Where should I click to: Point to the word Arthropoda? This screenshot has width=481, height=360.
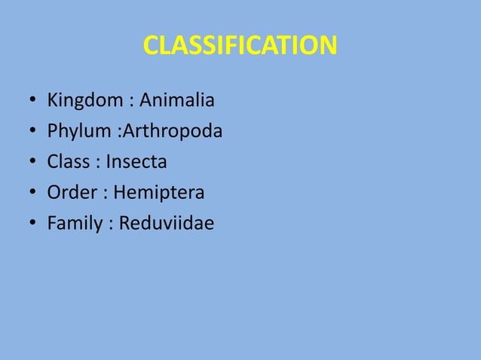coord(173,132)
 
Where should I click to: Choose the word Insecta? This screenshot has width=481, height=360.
coord(136,162)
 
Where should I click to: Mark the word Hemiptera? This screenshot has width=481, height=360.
coord(159,194)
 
